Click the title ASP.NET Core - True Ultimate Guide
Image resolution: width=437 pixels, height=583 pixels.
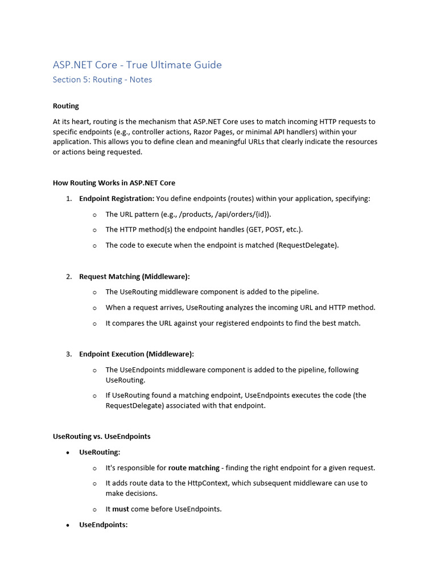(x=137, y=65)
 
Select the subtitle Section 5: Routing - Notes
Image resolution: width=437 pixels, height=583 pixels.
(x=102, y=80)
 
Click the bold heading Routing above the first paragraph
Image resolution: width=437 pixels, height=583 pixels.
(x=66, y=106)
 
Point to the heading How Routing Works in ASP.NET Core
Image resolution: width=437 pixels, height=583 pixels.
(x=114, y=183)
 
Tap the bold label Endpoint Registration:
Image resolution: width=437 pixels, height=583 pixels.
(x=117, y=199)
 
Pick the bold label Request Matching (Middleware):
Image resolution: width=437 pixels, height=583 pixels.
(x=134, y=276)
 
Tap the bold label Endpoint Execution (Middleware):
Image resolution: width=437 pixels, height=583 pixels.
(x=137, y=354)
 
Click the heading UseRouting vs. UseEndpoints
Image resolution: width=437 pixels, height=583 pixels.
(x=102, y=436)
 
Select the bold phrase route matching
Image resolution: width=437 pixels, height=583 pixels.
(x=194, y=467)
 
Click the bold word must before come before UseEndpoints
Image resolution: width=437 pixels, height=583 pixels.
(x=121, y=509)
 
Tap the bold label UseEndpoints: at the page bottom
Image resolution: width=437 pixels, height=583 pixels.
(x=104, y=525)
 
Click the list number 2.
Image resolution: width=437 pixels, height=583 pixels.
(x=68, y=276)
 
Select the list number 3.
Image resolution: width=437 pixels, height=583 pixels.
(x=68, y=354)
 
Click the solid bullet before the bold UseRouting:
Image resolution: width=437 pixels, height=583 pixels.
(x=68, y=452)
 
